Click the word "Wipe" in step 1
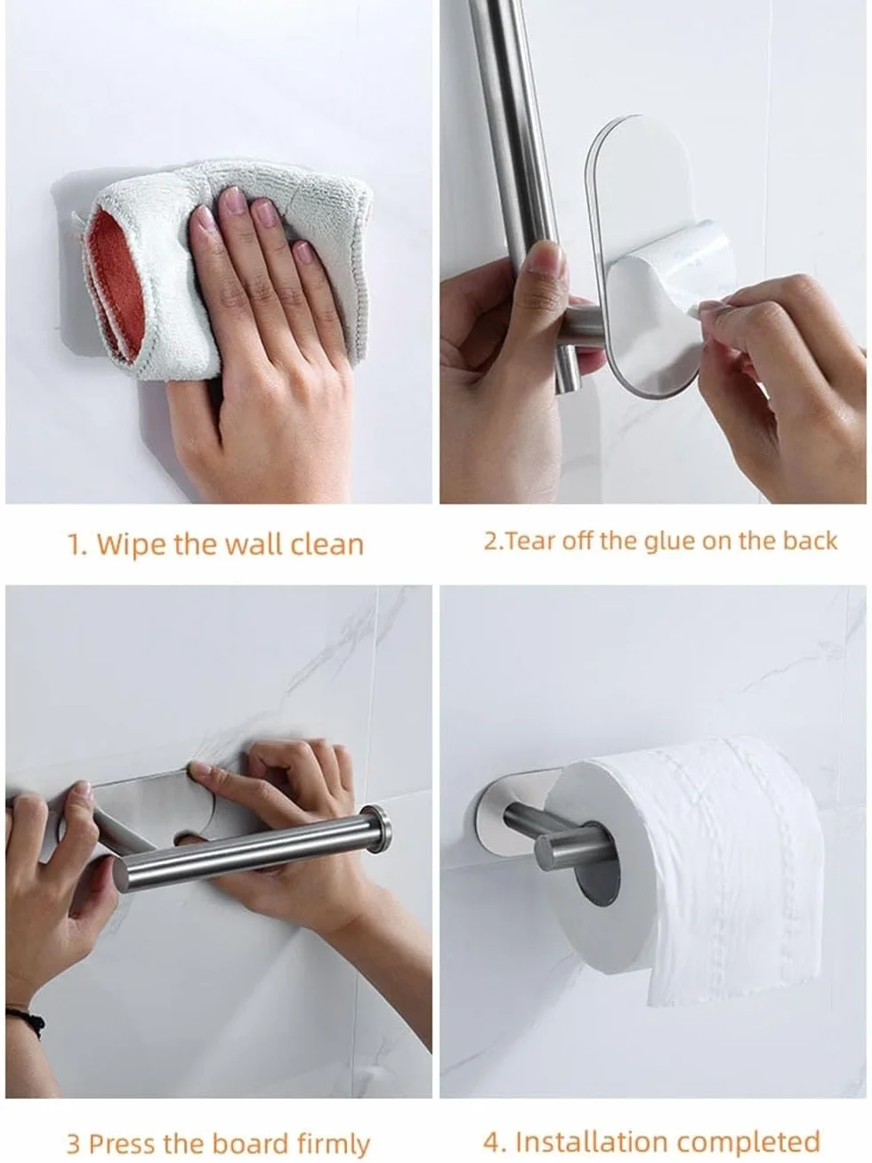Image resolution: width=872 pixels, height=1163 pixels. click(x=130, y=545)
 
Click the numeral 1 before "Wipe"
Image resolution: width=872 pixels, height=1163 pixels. click(x=74, y=545)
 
